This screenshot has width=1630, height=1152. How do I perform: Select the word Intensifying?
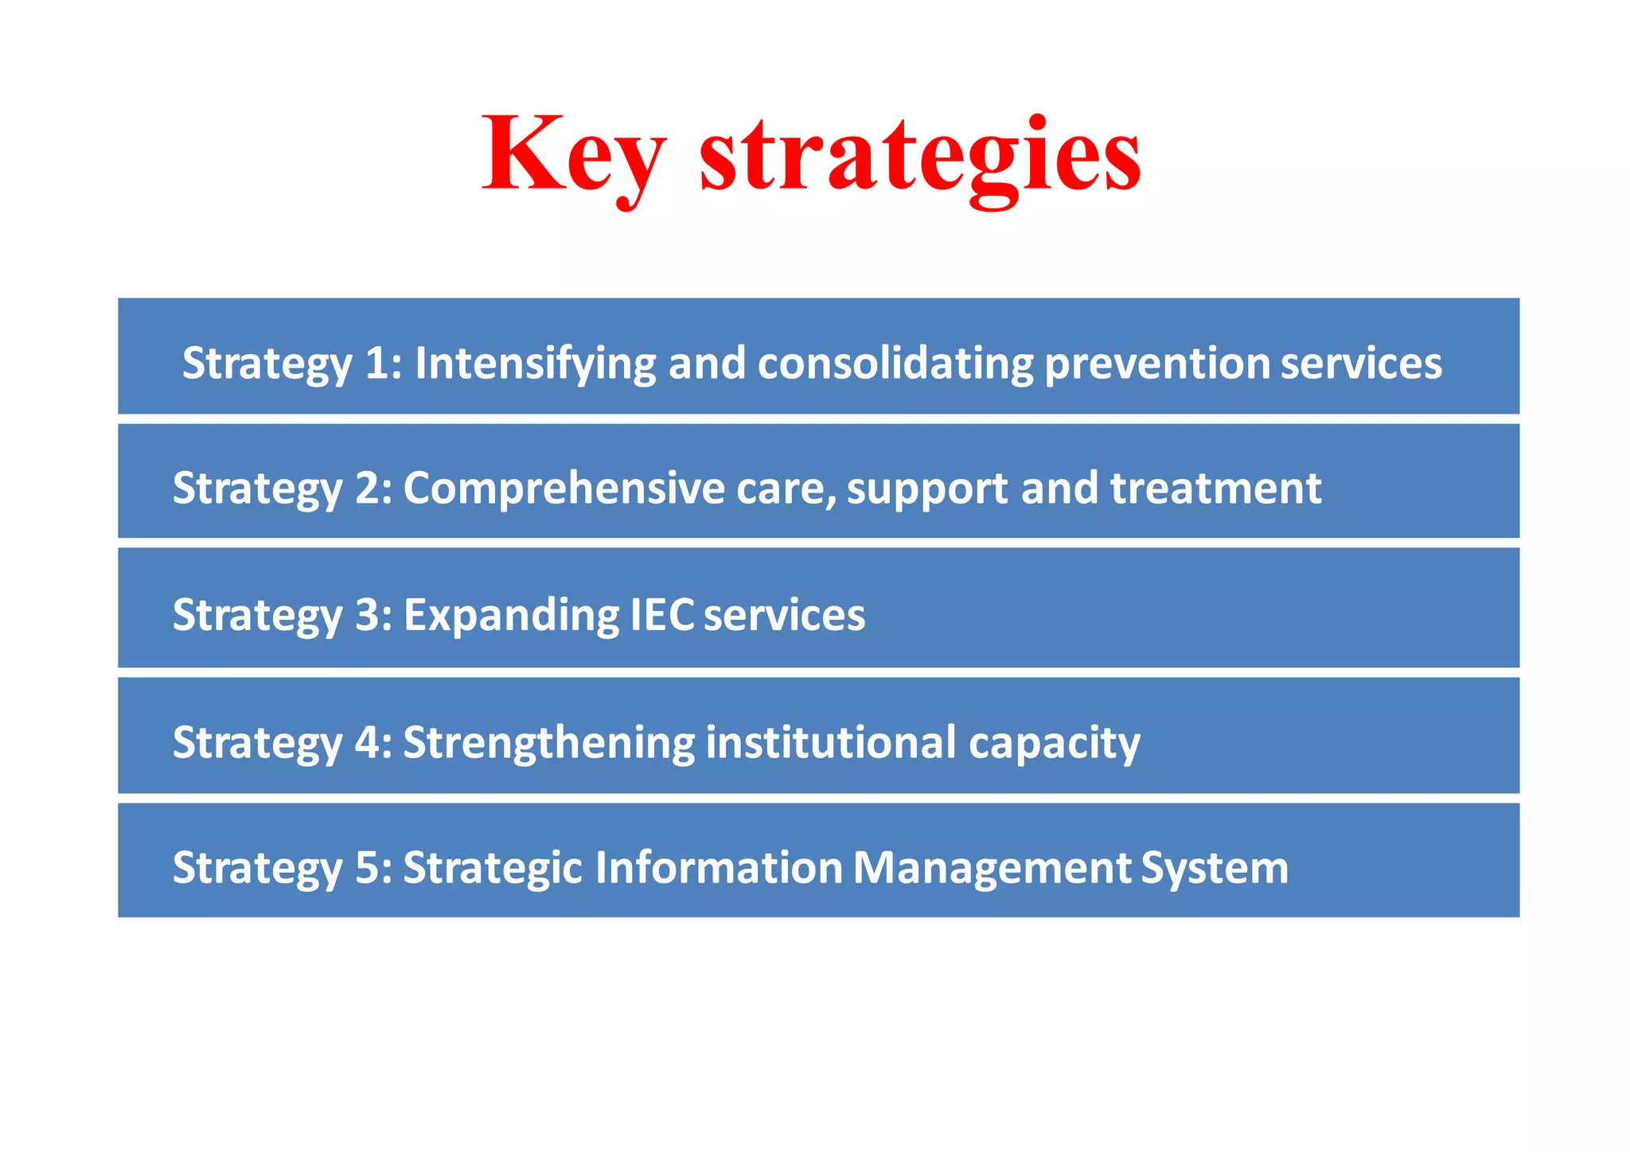pyautogui.click(x=535, y=364)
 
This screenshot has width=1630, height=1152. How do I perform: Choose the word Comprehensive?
pyautogui.click(x=563, y=488)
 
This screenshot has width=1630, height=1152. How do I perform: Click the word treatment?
pyautogui.click(x=1215, y=488)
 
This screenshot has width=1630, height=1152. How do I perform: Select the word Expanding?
pyautogui.click(x=511, y=615)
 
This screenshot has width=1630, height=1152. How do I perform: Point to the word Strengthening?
pyautogui.click(x=549, y=742)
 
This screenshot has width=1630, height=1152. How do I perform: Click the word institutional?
pyautogui.click(x=831, y=742)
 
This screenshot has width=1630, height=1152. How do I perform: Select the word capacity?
pyautogui.click(x=1054, y=742)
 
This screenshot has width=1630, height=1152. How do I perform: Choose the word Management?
pyautogui.click(x=992, y=867)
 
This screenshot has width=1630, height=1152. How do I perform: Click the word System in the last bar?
pyautogui.click(x=1215, y=867)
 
